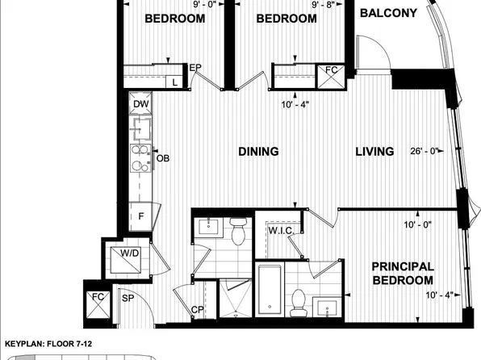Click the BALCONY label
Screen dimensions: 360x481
point(389,13)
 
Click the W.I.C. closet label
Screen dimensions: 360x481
point(280,229)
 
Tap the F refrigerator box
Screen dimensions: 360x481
point(140,216)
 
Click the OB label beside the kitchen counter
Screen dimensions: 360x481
point(162,157)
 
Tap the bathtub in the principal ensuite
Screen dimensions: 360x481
point(268,289)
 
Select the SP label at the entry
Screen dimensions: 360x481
point(127,299)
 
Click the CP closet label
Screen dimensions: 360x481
point(197,310)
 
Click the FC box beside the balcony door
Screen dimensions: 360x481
point(332,71)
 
